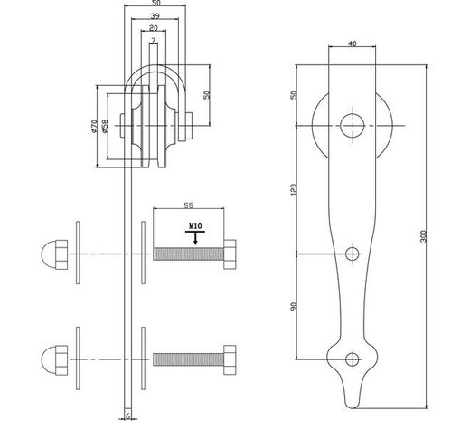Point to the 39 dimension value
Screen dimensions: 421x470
[155, 17]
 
